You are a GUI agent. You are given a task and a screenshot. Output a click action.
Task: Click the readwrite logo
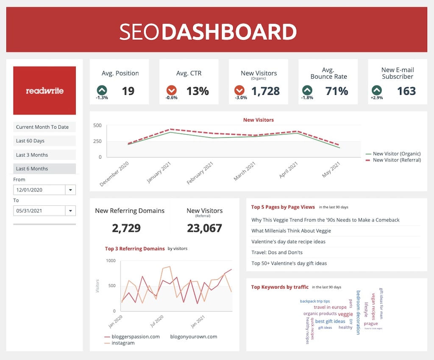click(x=45, y=90)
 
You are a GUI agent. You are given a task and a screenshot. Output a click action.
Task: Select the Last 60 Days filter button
click(x=45, y=141)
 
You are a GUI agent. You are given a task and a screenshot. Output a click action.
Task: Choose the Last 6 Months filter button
click(x=45, y=169)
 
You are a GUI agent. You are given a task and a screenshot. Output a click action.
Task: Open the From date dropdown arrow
click(x=70, y=190)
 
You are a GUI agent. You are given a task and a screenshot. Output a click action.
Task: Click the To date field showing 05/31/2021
click(x=39, y=210)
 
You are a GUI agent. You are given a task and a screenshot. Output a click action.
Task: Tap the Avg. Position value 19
click(x=128, y=91)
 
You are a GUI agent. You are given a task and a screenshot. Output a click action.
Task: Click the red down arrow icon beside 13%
click(x=171, y=90)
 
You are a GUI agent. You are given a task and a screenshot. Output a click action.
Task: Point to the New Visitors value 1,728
click(x=265, y=91)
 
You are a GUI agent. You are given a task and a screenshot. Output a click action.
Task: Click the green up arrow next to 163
click(x=376, y=90)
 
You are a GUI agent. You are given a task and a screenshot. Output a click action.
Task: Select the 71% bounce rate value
click(x=337, y=91)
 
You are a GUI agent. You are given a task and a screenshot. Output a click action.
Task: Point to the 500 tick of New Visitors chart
click(x=97, y=125)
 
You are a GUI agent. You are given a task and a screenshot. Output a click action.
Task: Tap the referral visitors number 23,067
click(x=204, y=228)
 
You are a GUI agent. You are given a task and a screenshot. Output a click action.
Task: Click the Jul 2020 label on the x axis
click(x=156, y=321)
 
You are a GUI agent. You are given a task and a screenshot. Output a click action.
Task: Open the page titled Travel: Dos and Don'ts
click(x=277, y=252)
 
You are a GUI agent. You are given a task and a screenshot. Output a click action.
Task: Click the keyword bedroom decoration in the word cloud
click(x=358, y=312)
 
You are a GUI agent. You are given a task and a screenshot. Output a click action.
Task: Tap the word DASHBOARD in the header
click(x=229, y=32)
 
